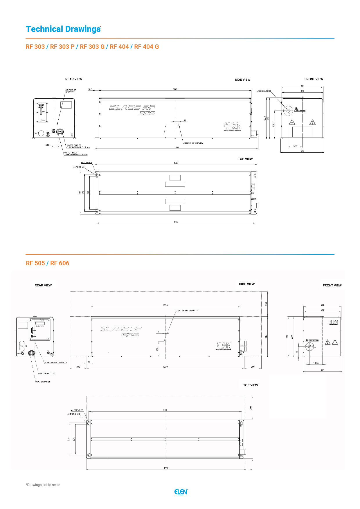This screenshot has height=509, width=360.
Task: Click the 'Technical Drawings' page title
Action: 63,29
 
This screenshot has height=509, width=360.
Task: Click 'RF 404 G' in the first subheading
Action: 146,47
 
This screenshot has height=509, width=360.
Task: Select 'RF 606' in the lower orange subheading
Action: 60,263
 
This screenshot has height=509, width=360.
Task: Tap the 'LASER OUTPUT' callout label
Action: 264,91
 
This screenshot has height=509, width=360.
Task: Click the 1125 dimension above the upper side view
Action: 175,89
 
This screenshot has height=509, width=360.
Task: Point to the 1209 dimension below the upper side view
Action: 177,147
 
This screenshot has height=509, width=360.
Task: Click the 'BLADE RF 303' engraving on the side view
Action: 132,110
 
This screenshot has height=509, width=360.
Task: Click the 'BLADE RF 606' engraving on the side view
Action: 121,332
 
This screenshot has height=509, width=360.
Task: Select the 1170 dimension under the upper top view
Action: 176,222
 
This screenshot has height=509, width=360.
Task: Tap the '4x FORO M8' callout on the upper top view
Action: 79,167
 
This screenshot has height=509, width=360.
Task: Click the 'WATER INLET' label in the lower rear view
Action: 43,382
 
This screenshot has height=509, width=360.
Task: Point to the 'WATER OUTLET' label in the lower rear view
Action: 47,373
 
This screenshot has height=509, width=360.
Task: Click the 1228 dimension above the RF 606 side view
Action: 165,305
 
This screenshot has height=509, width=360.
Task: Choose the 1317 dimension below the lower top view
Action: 166,468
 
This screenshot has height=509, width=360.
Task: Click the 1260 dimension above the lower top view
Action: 165,410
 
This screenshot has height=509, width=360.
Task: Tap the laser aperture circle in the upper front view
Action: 288,110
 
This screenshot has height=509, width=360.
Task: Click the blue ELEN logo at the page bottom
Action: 181,492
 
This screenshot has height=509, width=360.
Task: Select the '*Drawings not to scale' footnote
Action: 43,485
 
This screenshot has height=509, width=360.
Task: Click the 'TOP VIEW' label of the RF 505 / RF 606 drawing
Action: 250,385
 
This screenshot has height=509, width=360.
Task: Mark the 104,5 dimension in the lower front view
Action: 316,363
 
